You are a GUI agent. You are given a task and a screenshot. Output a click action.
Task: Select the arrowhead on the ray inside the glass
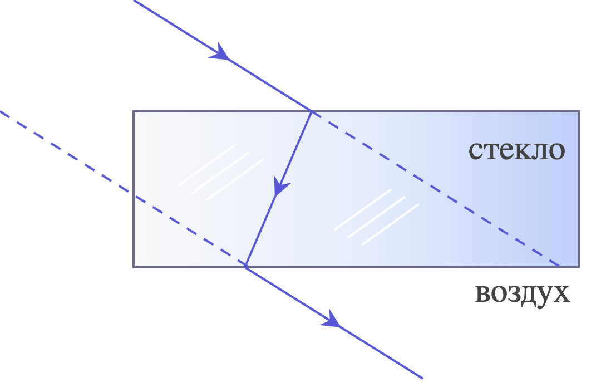[x=280, y=186]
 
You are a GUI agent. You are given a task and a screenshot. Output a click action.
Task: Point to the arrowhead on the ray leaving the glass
[x=331, y=319]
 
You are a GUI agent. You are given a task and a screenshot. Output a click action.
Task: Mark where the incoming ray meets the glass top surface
[x=312, y=111]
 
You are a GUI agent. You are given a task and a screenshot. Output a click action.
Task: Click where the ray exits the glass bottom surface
[x=246, y=267]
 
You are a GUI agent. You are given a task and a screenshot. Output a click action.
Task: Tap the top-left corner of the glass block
[x=134, y=111]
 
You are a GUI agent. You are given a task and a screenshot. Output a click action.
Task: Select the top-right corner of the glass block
[x=579, y=111]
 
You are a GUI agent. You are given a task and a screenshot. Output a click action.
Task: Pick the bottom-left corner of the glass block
[x=134, y=267]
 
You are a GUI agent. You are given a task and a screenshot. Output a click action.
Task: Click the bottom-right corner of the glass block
[x=579, y=267]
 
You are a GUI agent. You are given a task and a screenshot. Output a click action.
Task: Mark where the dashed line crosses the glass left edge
[x=134, y=195]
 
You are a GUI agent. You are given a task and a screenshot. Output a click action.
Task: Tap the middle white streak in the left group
[x=221, y=173]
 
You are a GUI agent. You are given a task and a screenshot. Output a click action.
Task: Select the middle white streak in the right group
[x=377, y=218]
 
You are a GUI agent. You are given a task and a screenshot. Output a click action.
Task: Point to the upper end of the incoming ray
[x=134, y=1]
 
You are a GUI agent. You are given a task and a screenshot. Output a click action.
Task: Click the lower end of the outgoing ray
[x=423, y=378]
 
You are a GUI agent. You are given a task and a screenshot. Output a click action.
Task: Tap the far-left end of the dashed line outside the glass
[x=1, y=111]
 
